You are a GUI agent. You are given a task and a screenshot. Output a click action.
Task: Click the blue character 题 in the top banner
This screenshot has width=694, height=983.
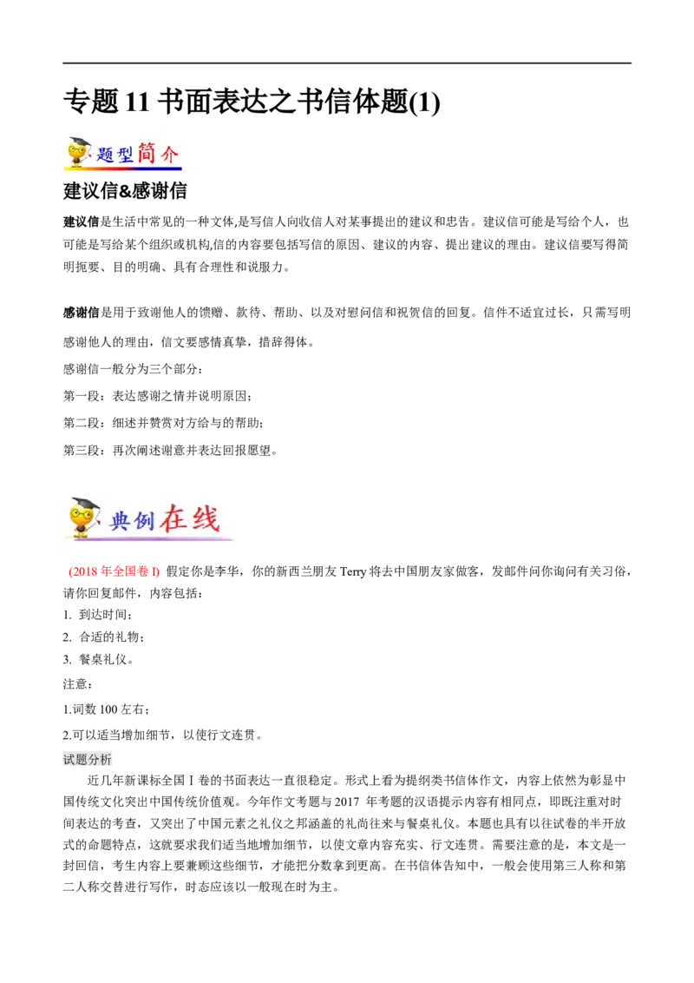click(105, 156)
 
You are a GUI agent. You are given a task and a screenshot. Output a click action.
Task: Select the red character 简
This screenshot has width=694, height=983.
click(147, 153)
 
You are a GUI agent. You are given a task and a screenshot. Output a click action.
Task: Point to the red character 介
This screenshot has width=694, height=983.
click(170, 155)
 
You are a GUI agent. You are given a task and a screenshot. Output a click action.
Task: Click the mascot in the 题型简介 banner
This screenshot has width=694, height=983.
click(76, 152)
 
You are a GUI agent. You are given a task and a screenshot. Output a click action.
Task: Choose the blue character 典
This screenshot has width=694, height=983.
click(119, 521)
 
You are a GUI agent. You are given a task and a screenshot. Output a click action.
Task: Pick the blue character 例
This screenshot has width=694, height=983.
click(143, 521)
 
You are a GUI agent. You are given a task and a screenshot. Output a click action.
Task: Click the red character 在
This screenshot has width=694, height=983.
click(172, 518)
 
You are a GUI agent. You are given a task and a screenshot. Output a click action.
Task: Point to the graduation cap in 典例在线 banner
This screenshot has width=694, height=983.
click(85, 503)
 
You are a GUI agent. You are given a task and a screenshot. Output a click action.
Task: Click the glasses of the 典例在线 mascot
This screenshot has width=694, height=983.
click(82, 514)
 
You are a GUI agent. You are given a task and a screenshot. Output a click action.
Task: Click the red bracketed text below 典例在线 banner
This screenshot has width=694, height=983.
click(114, 572)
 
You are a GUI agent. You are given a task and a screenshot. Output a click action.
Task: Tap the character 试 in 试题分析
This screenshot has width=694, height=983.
click(69, 761)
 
